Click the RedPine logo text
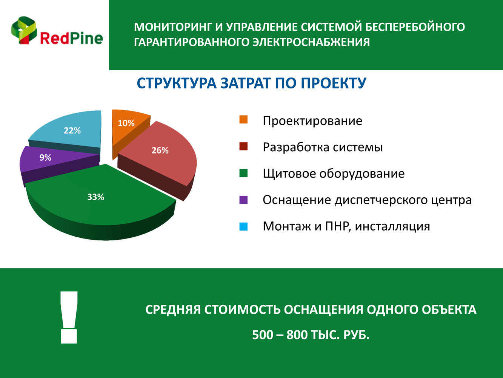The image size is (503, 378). click(x=71, y=38)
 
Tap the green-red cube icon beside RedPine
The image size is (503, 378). click(x=24, y=30)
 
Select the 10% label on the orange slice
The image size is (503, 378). click(x=126, y=123)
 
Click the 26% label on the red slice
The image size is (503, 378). click(x=160, y=150)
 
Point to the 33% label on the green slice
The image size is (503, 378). click(x=95, y=197)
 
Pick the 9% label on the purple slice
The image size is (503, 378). click(x=45, y=158)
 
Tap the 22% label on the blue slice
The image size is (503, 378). click(x=72, y=130)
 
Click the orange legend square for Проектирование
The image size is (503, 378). click(x=243, y=119)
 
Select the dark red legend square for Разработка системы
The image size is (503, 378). click(x=243, y=146)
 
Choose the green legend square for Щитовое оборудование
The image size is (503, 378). click(x=243, y=173)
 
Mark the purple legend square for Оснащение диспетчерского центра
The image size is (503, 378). click(x=243, y=200)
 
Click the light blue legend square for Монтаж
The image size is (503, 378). click(x=243, y=226)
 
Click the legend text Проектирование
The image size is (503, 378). click(x=312, y=121)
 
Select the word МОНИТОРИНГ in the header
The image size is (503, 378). click(x=172, y=27)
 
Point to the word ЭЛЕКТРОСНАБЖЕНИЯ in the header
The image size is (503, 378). click(x=311, y=42)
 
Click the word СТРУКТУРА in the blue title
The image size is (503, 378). click(x=177, y=83)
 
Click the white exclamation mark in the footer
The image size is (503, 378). click(x=69, y=318)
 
